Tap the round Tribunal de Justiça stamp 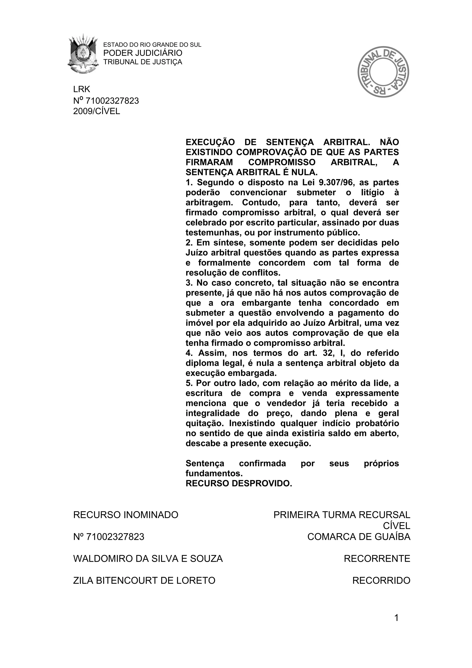[x=383, y=71]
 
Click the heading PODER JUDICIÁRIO [x=143, y=53]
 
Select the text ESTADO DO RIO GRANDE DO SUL [x=152, y=45]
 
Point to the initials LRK [x=82, y=89]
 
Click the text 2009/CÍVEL [x=97, y=111]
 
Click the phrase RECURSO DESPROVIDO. [x=239, y=483]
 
